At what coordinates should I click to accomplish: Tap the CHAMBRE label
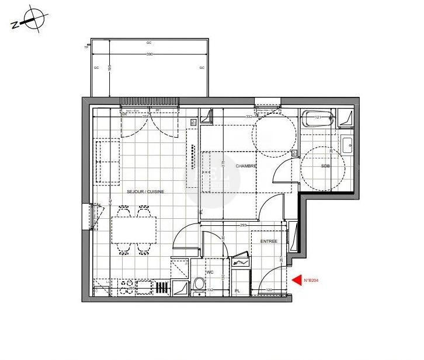(x=246, y=166)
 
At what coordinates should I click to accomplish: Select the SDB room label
(x=325, y=166)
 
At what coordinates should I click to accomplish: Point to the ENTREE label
(x=269, y=242)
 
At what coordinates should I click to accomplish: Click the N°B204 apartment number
(x=311, y=281)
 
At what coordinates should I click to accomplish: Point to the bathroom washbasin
(x=346, y=144)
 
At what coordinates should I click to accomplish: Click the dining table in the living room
(x=134, y=229)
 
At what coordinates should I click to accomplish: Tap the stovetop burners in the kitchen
(x=126, y=287)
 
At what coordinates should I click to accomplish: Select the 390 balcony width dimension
(x=150, y=54)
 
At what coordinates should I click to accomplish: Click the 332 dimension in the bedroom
(x=249, y=116)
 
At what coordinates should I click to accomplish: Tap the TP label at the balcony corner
(x=86, y=47)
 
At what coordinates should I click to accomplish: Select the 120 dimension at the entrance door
(x=269, y=290)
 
